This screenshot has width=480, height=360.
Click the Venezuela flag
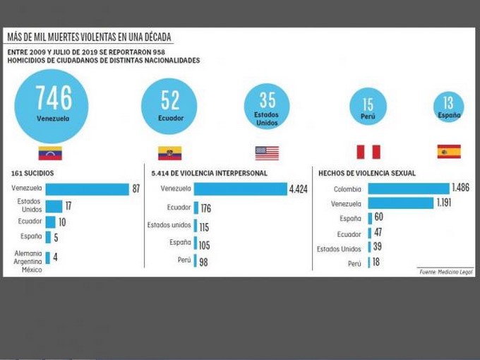tap(50, 153)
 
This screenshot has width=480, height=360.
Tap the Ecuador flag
tap(169, 153)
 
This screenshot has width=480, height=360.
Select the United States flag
tap(267, 153)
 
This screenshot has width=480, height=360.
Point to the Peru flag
tap(368, 152)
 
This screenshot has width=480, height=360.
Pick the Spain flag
tap(449, 152)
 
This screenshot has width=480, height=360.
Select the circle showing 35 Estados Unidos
tap(267, 107)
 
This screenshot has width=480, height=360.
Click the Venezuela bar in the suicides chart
tap(87, 188)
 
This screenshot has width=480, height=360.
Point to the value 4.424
tap(298, 189)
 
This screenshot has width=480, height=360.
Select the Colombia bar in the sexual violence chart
tap(408, 188)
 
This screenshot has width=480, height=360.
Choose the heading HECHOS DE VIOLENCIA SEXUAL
tap(367, 173)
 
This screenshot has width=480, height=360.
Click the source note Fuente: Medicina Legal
tap(445, 272)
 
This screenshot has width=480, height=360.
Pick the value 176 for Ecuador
tap(206, 208)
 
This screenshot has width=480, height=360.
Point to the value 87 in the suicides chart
tap(136, 189)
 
